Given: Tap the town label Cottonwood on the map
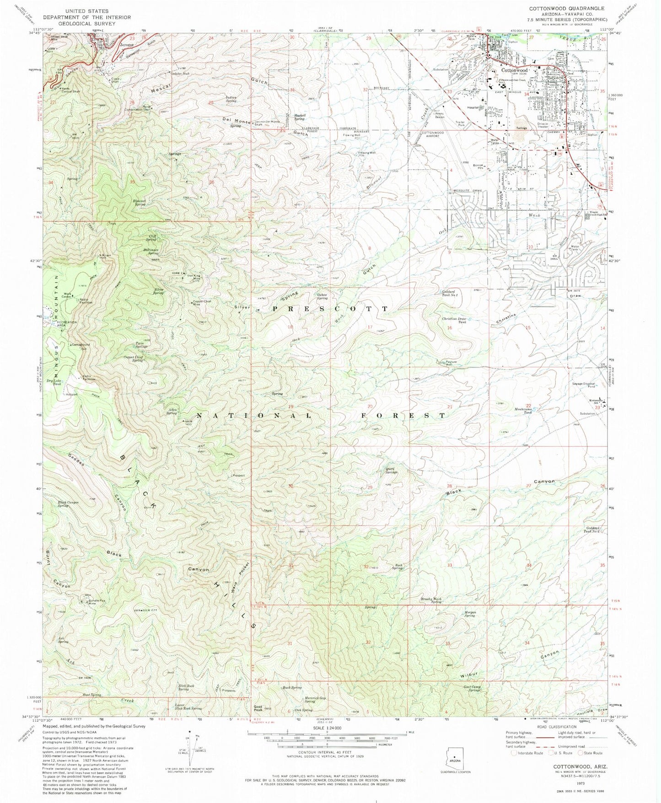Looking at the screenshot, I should (515, 71).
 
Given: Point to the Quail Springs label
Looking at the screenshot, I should (391, 470).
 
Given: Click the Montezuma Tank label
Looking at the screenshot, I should (523, 410).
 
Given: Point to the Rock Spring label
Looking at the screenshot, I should (398, 567).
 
